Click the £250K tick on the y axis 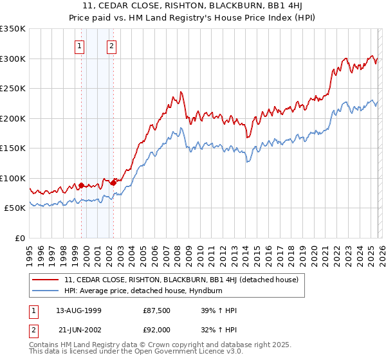[x=13, y=89]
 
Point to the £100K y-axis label [x=13, y=178]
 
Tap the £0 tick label [x=21, y=238]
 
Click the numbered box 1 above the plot [x=79, y=46]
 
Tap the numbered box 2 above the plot [x=111, y=46]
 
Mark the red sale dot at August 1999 [x=82, y=186]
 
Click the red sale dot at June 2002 [x=114, y=183]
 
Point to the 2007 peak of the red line [x=182, y=92]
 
